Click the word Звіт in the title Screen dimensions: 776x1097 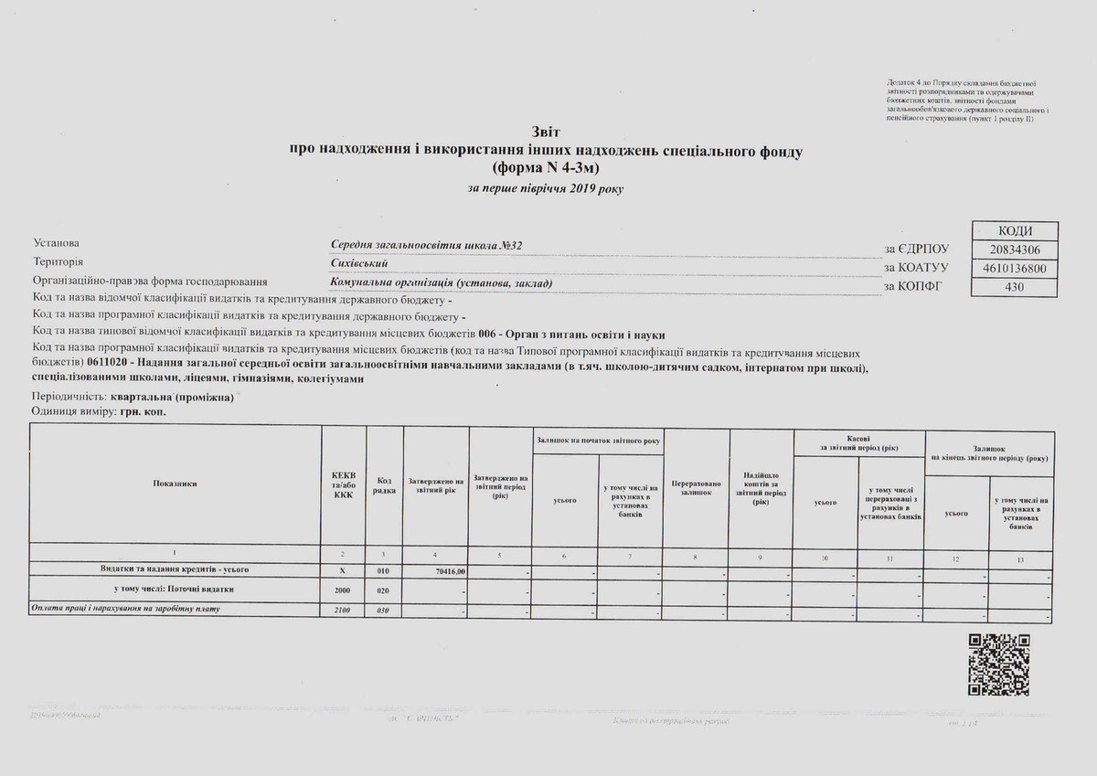click(545, 133)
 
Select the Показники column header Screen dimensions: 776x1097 click(175, 484)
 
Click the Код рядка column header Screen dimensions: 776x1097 click(385, 484)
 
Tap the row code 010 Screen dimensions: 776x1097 click(383, 571)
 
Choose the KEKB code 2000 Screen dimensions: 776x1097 click(343, 590)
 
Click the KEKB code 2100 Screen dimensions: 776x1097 click(343, 610)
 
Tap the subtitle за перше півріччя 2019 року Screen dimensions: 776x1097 click(547, 188)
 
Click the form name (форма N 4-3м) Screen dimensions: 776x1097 click(547, 167)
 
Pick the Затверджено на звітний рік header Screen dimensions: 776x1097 click(435, 484)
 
